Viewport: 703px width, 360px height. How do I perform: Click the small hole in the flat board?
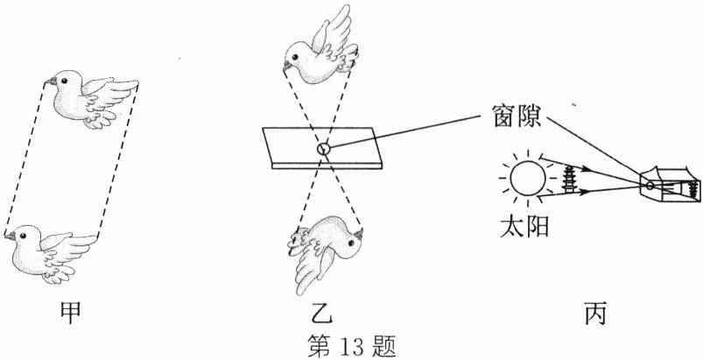[x=323, y=149]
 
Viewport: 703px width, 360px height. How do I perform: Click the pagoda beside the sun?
[x=570, y=179]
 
